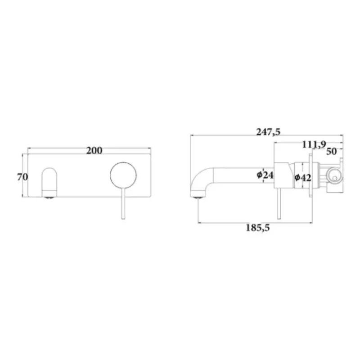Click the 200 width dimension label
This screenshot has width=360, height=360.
94,151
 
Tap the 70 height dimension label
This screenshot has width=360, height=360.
22,177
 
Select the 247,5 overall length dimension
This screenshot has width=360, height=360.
268,132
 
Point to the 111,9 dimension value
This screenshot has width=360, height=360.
314,144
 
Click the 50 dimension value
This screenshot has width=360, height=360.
332,151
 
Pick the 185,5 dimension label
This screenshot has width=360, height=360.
258,228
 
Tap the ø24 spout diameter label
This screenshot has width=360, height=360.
265,175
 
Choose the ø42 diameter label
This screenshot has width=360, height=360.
303,177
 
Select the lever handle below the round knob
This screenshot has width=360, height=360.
123,204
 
